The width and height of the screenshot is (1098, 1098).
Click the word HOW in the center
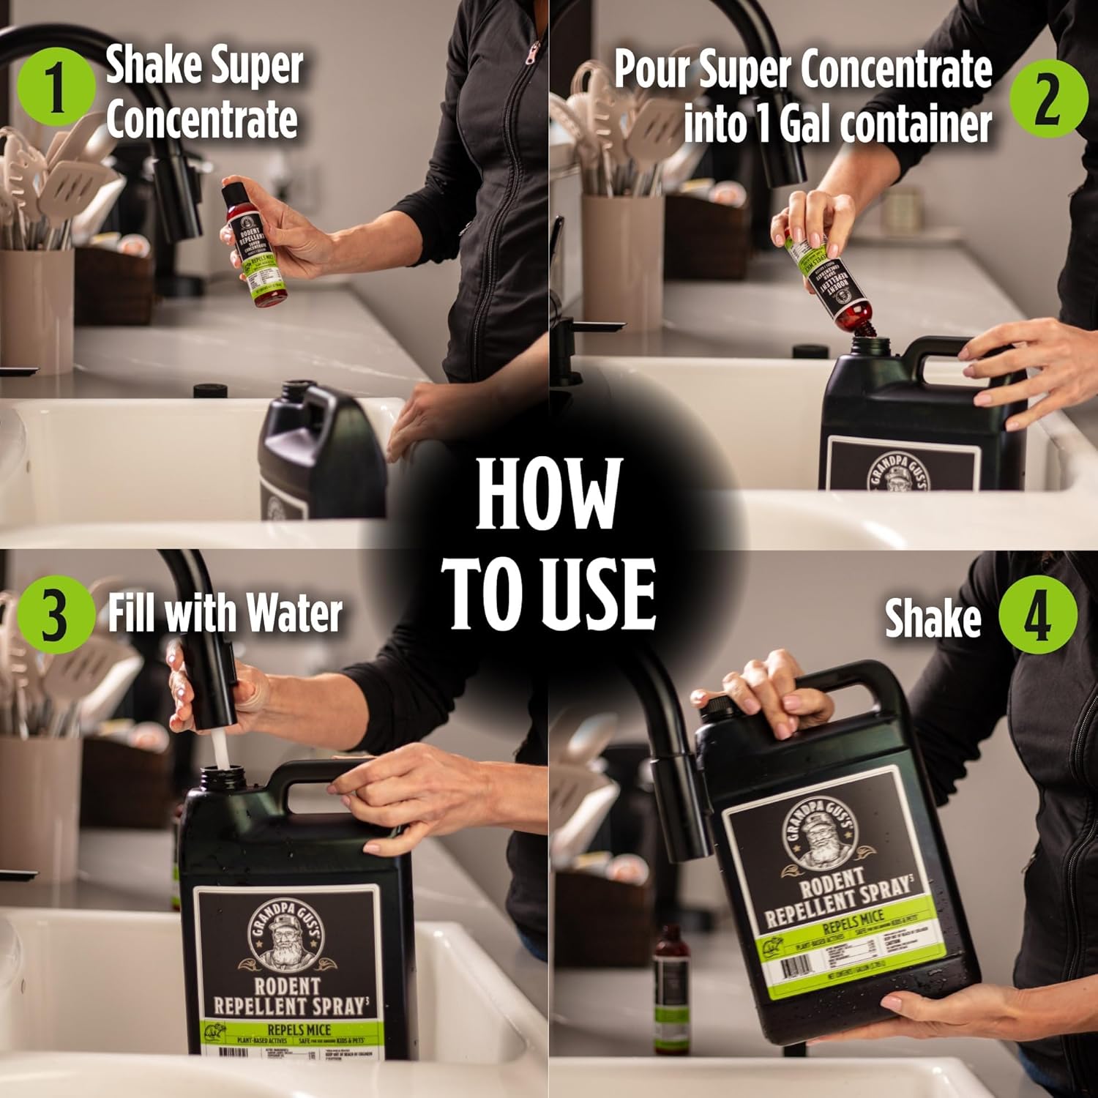coord(548,493)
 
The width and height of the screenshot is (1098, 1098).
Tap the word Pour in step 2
coord(651,70)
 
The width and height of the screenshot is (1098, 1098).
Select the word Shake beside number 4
coord(932,619)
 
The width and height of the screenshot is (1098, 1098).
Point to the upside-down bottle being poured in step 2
coord(827,282)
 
